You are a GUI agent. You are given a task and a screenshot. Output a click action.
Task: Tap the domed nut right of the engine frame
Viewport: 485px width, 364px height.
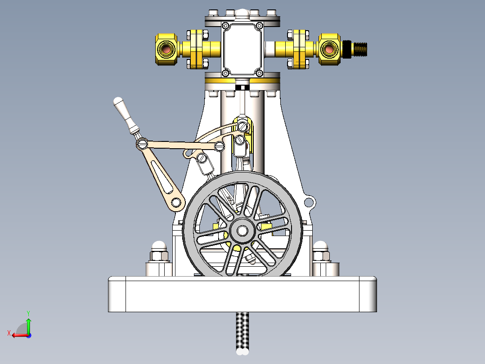321,247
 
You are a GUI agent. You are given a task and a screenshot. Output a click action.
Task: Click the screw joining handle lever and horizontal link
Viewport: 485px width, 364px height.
142,144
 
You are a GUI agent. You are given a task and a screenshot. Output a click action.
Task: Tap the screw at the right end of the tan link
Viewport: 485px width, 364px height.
220,145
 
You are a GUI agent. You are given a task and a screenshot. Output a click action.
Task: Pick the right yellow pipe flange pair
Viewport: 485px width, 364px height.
299,49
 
